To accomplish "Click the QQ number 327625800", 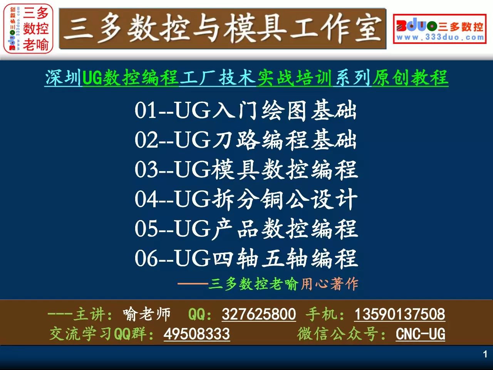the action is [x=259, y=314].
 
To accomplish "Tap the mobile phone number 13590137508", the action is [x=400, y=314].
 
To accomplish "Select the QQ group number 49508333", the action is [x=197, y=334].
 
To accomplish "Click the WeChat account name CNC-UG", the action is [x=420, y=334].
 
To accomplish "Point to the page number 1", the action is [x=485, y=355].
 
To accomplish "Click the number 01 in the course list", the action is [x=145, y=110].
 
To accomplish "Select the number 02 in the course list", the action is [x=146, y=140].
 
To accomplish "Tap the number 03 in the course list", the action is [x=146, y=169].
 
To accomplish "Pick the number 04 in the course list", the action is [x=146, y=199].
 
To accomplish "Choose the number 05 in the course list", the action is [x=146, y=229].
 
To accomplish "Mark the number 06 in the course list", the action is [x=146, y=258].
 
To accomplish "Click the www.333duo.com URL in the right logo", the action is [x=440, y=37].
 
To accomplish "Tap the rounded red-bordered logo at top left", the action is [x=28, y=29].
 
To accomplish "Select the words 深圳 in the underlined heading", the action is [x=63, y=77].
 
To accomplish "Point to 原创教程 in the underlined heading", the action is [x=410, y=77].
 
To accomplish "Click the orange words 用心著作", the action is [x=329, y=284].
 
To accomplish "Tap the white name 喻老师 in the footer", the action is [x=147, y=314].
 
